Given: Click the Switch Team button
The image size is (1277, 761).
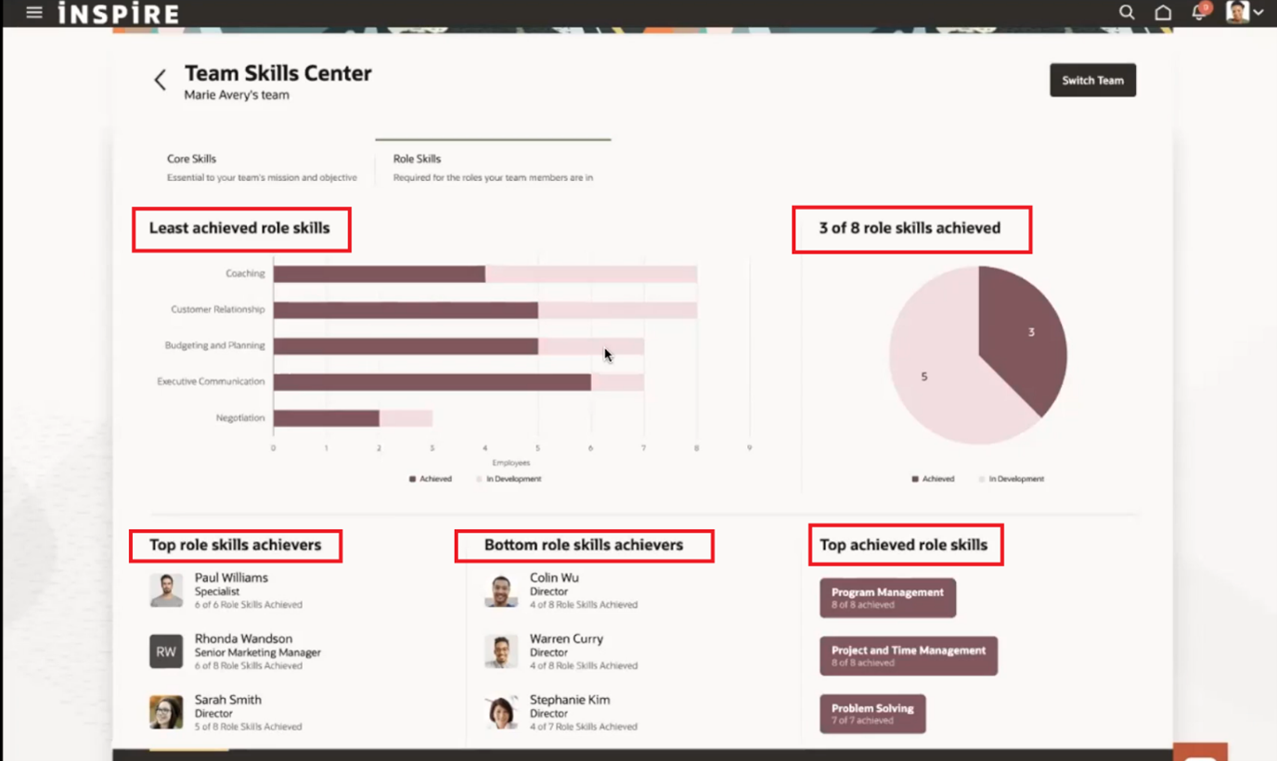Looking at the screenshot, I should (1092, 81).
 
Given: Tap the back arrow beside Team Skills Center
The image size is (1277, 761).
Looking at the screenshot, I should (160, 80).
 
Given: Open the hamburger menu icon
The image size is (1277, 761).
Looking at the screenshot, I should (34, 13).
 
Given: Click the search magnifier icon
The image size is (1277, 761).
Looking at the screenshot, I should (1127, 12).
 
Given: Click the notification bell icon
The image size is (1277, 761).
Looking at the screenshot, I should (1199, 13).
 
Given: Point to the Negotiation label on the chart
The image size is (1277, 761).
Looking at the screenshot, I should (239, 418).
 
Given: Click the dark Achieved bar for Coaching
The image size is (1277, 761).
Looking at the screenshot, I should (379, 274).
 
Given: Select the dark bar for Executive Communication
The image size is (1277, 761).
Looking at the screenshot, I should (432, 381).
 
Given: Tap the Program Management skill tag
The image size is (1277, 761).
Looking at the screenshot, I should (887, 598).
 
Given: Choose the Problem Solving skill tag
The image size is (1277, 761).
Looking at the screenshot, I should (872, 714).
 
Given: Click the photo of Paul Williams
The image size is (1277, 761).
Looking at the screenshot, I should (166, 590).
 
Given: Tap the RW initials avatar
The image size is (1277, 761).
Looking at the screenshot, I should (166, 651).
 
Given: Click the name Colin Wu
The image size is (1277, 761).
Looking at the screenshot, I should (554, 577).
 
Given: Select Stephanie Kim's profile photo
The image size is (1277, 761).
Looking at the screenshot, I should (501, 713).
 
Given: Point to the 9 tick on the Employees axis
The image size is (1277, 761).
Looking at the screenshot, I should (750, 447).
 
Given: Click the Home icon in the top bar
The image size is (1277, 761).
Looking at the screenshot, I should (1163, 13).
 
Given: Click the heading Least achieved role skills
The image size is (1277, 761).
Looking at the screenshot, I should (239, 228).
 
